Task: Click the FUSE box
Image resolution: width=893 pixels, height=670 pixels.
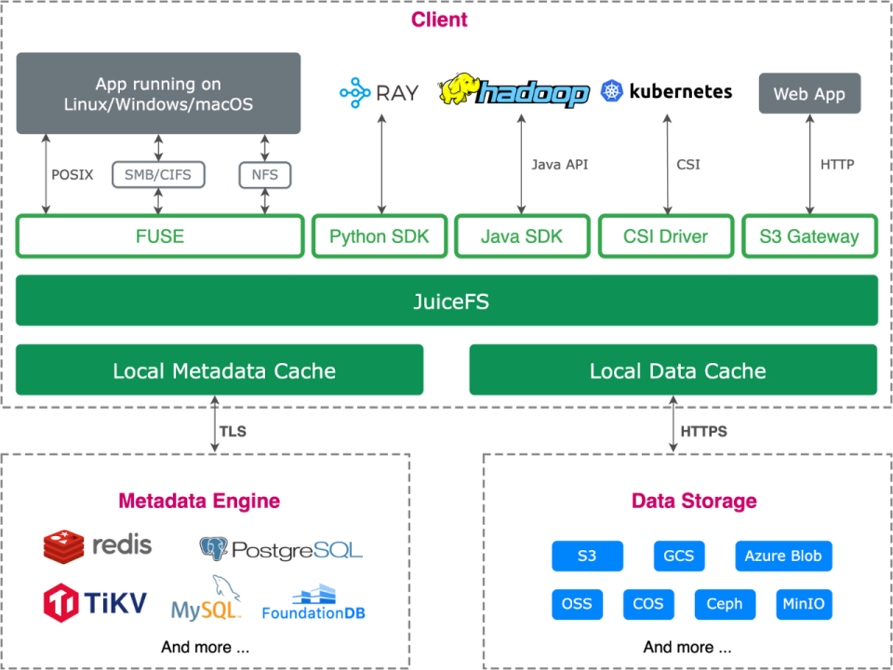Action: click(160, 235)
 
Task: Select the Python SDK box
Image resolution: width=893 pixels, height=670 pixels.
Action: click(380, 235)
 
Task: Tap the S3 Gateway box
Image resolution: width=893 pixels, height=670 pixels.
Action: click(809, 235)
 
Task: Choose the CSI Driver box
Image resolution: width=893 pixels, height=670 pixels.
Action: click(666, 235)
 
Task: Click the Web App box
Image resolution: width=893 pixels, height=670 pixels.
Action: click(809, 93)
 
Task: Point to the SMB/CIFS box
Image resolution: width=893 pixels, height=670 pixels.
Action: click(158, 175)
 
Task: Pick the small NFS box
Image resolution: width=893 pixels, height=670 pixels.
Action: click(265, 175)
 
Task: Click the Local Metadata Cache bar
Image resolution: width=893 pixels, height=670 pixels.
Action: click(220, 369)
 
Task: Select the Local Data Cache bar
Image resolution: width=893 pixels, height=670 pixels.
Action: click(673, 369)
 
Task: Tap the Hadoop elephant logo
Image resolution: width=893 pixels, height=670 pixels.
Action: click(459, 89)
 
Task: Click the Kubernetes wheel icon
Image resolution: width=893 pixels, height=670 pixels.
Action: click(612, 91)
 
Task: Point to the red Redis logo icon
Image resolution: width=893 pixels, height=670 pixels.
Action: click(64, 545)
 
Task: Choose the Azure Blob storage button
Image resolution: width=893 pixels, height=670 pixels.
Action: click(783, 556)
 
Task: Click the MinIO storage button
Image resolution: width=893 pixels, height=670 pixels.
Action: click(804, 604)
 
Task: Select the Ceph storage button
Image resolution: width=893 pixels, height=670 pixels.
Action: click(725, 604)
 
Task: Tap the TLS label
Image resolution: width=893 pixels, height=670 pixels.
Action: click(233, 431)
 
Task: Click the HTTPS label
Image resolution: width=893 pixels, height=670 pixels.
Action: click(704, 431)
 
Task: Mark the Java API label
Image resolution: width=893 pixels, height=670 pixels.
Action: click(560, 165)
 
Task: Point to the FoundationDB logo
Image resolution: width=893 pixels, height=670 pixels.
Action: click(313, 602)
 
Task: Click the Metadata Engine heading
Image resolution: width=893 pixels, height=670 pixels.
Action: click(199, 501)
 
